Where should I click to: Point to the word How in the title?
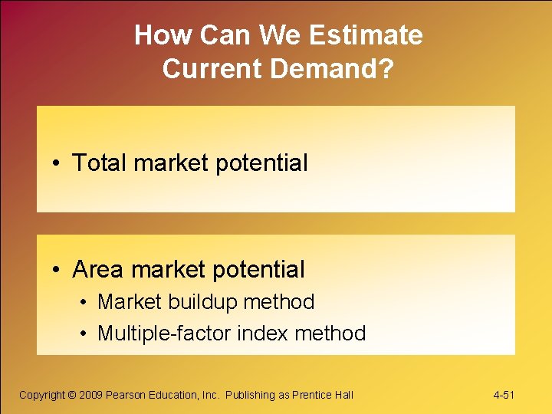point(157,35)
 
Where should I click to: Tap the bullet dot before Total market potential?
point(58,163)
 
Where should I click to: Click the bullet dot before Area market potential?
point(58,270)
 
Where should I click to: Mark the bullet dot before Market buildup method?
point(84,303)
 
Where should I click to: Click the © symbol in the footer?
point(73,395)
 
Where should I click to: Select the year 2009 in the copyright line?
point(92,395)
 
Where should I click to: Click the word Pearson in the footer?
point(125,395)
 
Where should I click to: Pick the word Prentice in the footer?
point(314,395)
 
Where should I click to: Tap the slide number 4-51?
point(504,395)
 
